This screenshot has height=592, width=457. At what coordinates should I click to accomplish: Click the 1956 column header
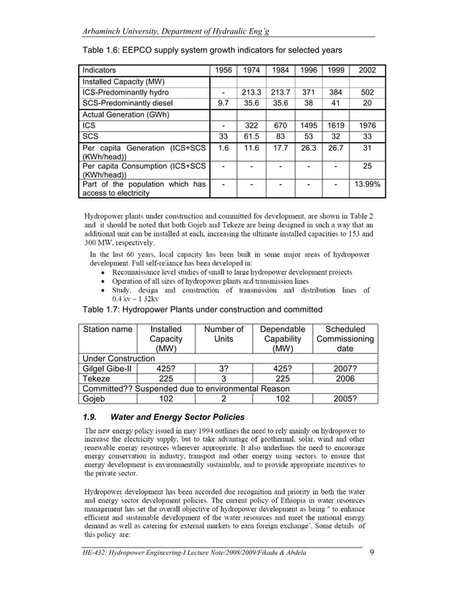click(224, 70)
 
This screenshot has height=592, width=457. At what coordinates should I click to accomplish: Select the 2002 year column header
click(367, 70)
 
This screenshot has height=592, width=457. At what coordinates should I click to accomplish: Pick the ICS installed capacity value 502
click(367, 92)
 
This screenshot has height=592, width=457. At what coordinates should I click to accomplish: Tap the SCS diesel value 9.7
click(224, 103)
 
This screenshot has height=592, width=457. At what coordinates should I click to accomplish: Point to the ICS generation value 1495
click(309, 125)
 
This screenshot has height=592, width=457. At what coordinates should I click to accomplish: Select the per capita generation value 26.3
click(309, 148)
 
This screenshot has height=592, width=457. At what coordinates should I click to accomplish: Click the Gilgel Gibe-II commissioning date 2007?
click(345, 368)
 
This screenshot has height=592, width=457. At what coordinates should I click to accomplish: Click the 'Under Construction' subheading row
click(119, 358)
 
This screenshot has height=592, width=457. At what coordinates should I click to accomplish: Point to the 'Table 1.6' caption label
click(98, 49)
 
